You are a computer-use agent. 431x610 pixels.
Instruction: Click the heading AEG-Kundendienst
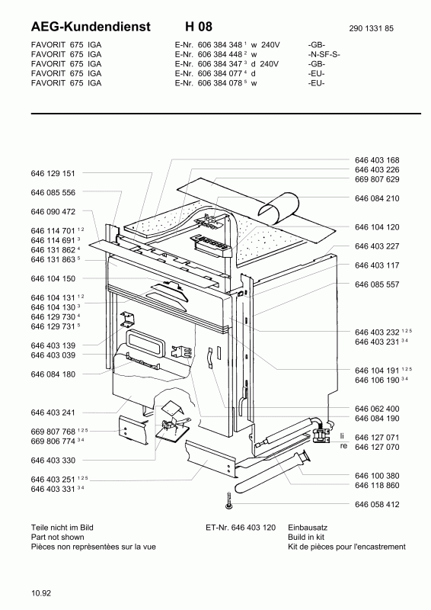coord(91,27)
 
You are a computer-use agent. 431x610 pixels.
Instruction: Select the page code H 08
coord(199,27)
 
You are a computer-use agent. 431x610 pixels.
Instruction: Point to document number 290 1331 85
coord(371,28)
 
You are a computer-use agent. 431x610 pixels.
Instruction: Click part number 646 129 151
coord(53,174)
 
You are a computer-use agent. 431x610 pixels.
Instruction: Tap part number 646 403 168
coord(377,160)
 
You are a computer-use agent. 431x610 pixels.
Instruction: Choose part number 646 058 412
coord(377,505)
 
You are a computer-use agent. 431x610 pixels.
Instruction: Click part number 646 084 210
coord(377,198)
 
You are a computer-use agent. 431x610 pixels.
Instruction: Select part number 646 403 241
coord(53,413)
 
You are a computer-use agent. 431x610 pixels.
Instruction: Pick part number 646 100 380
coord(377,476)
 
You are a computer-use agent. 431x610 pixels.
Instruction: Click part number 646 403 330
coord(53,461)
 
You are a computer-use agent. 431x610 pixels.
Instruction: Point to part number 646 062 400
coord(377,409)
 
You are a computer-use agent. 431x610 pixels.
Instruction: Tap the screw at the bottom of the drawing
coord(229,501)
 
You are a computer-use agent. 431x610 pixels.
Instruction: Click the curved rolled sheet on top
coord(279,207)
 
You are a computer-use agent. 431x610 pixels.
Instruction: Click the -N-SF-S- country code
coord(324,54)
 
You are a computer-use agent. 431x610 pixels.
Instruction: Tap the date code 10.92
coord(41,593)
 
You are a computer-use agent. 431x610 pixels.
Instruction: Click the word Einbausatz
coord(308,528)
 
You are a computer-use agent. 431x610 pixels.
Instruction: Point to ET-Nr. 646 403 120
coord(241,528)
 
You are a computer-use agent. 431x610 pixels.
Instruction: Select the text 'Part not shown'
coord(58,538)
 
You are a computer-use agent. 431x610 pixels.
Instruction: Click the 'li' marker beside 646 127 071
coord(343,436)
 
